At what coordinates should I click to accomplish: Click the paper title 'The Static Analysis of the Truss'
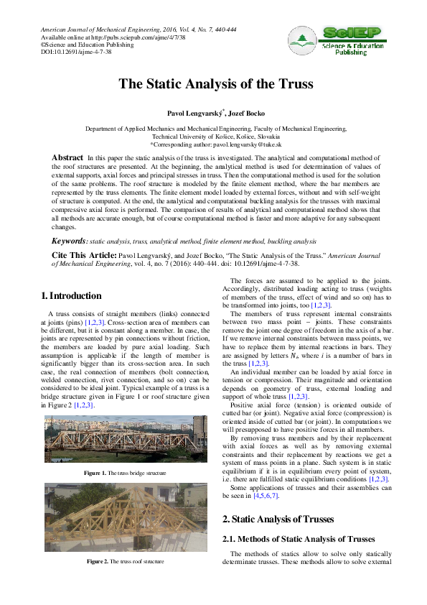click(x=216, y=84)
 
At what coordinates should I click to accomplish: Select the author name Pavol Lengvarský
click(x=193, y=113)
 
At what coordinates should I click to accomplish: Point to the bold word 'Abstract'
click(x=67, y=157)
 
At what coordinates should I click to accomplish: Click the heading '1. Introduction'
click(x=71, y=295)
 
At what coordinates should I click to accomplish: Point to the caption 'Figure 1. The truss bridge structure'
click(x=125, y=473)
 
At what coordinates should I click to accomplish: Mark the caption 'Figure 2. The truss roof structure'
click(x=125, y=560)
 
